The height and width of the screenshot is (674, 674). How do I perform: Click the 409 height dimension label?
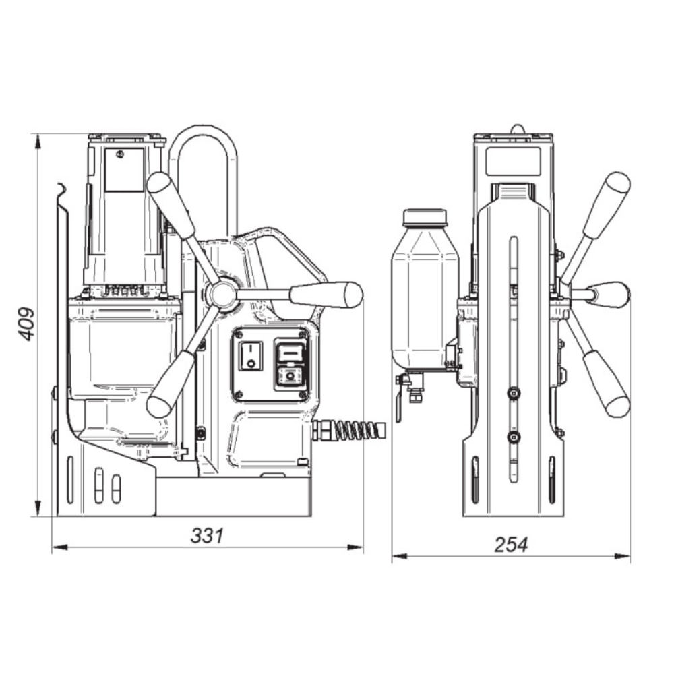point(27,324)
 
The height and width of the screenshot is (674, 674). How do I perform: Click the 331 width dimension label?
point(207,536)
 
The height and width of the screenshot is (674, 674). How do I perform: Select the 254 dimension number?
point(511,545)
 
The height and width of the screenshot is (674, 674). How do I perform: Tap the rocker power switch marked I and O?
point(250,356)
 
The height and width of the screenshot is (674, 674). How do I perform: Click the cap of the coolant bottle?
point(425,218)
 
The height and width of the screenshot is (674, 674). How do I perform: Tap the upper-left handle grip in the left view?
point(171,204)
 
